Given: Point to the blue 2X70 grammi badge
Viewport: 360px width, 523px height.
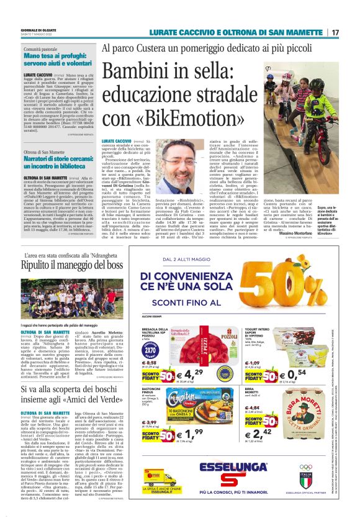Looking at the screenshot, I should click(149, 347).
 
